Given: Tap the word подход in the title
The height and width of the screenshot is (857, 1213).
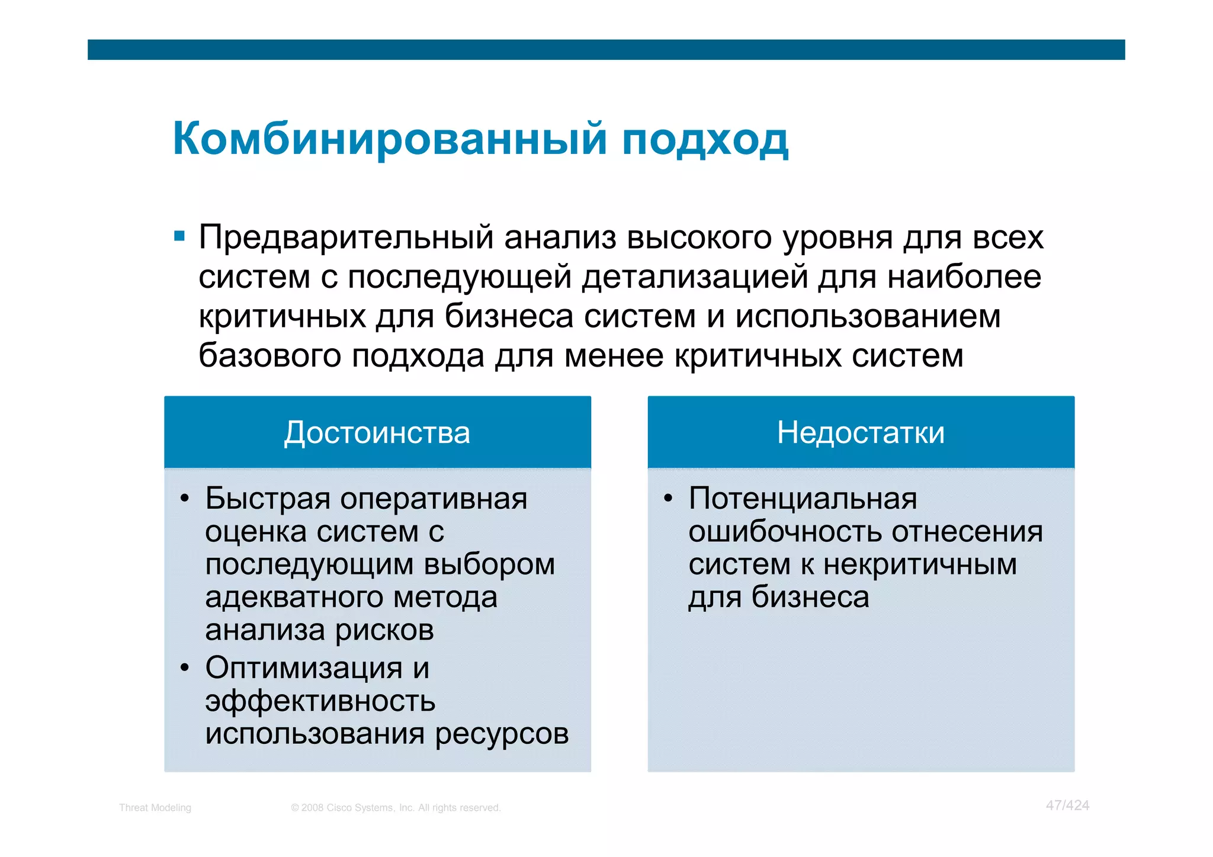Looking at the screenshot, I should pyautogui.click(x=705, y=141).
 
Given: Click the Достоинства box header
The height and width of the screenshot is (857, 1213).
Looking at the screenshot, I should pyautogui.click(x=377, y=432).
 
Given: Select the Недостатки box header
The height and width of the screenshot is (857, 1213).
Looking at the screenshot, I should pyautogui.click(x=861, y=432).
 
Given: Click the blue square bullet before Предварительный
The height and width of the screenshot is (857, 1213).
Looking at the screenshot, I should pyautogui.click(x=179, y=237).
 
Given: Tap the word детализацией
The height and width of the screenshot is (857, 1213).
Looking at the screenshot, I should pyautogui.click(x=695, y=277).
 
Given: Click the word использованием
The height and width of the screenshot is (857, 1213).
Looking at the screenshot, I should pyautogui.click(x=868, y=316).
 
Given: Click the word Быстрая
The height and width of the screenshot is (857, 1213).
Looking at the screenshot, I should pyautogui.click(x=268, y=499).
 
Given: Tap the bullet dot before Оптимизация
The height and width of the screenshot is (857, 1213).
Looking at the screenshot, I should pyautogui.click(x=185, y=668).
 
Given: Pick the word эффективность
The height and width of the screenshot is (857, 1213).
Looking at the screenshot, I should pyautogui.click(x=320, y=702).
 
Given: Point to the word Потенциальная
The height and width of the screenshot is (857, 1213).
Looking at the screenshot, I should pyautogui.click(x=803, y=499).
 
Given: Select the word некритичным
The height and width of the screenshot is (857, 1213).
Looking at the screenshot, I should pyautogui.click(x=920, y=564).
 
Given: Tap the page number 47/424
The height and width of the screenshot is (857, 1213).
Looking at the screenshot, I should pyautogui.click(x=1067, y=805).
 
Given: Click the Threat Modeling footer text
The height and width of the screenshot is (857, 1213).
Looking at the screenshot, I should pyautogui.click(x=155, y=808).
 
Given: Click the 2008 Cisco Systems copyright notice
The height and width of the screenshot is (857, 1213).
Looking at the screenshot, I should pyautogui.click(x=396, y=808).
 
